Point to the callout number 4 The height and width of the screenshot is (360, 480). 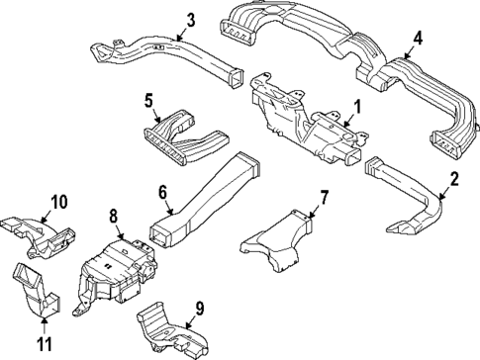click(418, 39)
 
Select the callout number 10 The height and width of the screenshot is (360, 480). click(59, 202)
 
